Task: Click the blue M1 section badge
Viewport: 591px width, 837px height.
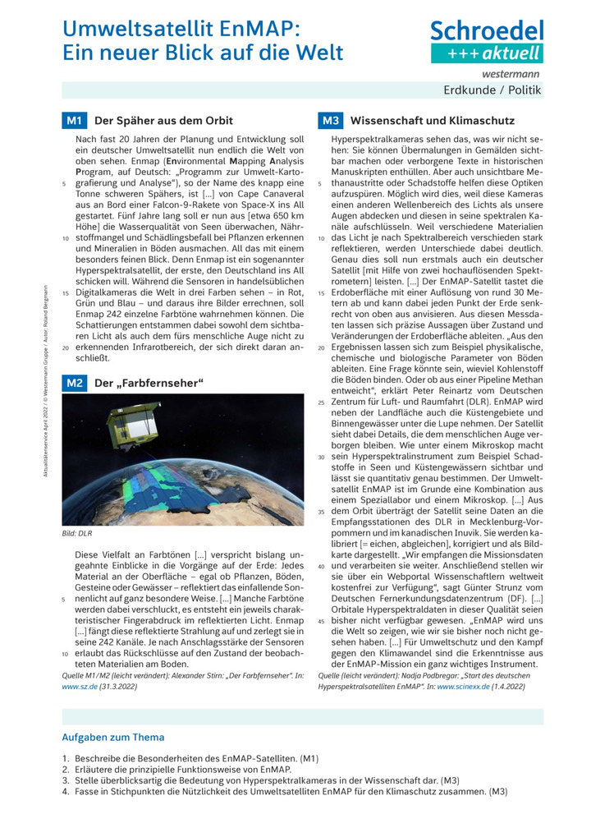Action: tap(74, 121)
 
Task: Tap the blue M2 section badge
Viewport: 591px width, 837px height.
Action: tap(74, 382)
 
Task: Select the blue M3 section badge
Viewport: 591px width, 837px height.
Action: tap(330, 121)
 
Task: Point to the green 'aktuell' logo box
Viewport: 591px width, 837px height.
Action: tap(488, 53)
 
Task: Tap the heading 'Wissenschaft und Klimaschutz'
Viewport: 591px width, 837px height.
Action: tap(432, 121)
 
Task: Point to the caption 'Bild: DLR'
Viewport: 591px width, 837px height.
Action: tap(77, 531)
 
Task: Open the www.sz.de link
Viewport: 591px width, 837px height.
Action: tap(79, 683)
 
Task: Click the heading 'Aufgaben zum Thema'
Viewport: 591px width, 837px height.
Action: tap(113, 737)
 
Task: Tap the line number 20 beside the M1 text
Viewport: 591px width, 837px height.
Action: tap(65, 347)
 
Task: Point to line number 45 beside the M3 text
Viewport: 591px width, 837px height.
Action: tap(320, 621)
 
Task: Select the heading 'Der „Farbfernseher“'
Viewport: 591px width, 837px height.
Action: tap(149, 382)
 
